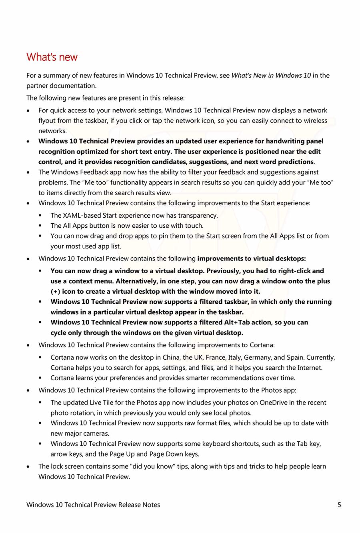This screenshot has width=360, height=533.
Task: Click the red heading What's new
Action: pos(52,57)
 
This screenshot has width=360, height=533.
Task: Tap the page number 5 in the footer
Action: pos(339,505)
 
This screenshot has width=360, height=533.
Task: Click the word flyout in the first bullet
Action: pos(47,121)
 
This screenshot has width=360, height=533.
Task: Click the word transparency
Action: pos(197,216)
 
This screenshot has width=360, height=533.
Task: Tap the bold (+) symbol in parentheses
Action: pos(55,292)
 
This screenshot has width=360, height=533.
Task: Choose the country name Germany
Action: pos(257,358)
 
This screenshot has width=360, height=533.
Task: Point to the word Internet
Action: pos(310,368)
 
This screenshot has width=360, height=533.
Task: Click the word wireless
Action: pos(316,121)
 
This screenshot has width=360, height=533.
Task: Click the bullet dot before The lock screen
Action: pos(28,467)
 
